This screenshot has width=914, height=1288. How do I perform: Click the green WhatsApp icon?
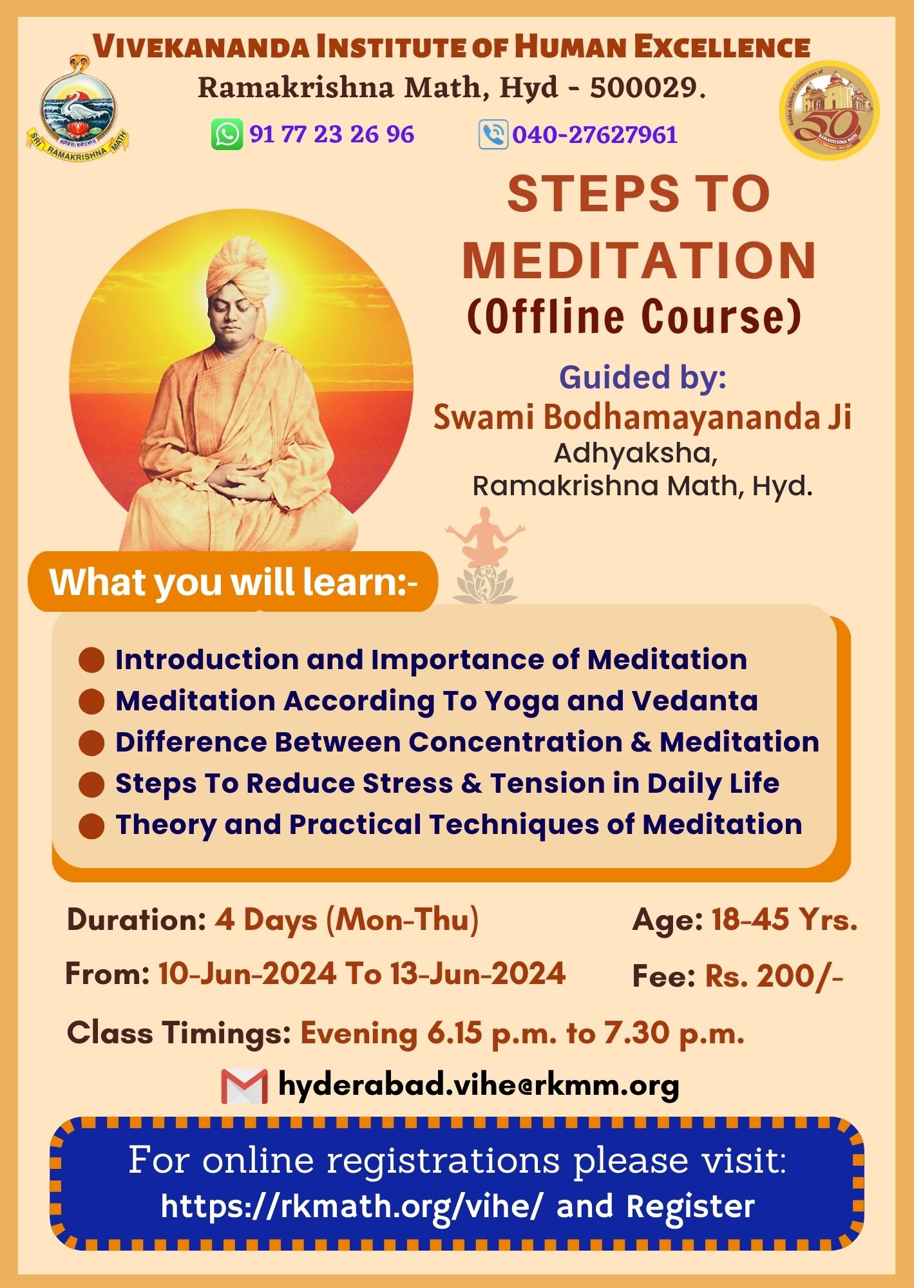(x=227, y=135)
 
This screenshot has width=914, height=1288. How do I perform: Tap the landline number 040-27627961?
(x=595, y=135)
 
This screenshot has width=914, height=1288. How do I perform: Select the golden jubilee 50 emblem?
(x=829, y=110)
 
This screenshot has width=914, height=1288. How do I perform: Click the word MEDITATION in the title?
(x=640, y=260)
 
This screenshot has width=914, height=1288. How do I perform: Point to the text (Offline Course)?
(x=634, y=316)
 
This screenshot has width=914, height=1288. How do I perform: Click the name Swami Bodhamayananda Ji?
(x=642, y=416)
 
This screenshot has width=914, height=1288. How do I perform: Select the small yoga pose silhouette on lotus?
(x=485, y=555)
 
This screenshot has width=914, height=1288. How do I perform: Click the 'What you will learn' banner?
(x=233, y=582)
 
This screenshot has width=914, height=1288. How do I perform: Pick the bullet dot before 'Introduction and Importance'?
(x=91, y=660)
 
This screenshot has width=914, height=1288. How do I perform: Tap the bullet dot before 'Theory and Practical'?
(x=91, y=826)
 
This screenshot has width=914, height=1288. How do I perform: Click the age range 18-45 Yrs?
(x=785, y=920)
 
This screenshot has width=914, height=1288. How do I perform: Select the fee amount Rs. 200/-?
(x=774, y=976)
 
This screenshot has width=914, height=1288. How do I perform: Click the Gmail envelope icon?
(x=244, y=1086)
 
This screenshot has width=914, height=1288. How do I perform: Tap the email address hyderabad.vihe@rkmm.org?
(x=479, y=1086)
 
